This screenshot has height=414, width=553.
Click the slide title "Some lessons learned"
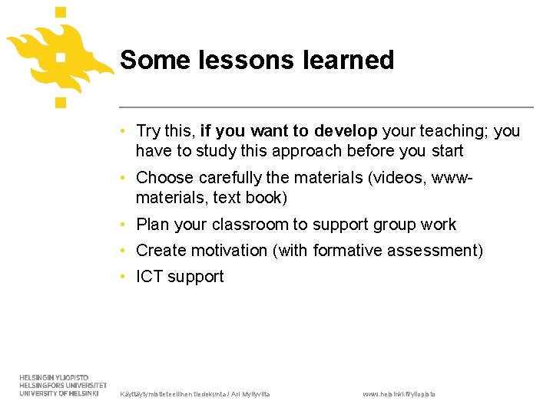tap(257, 60)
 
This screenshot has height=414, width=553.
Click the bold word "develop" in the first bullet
tap(346, 131)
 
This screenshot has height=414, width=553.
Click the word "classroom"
tap(250, 225)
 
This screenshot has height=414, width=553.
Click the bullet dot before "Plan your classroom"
tap(124, 225)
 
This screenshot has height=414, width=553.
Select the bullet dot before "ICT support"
tap(124, 277)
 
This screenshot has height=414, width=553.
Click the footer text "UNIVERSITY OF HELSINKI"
tap(59, 393)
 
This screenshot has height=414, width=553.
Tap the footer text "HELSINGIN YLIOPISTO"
tap(54, 378)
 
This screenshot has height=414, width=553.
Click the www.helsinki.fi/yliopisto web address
tap(399, 394)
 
